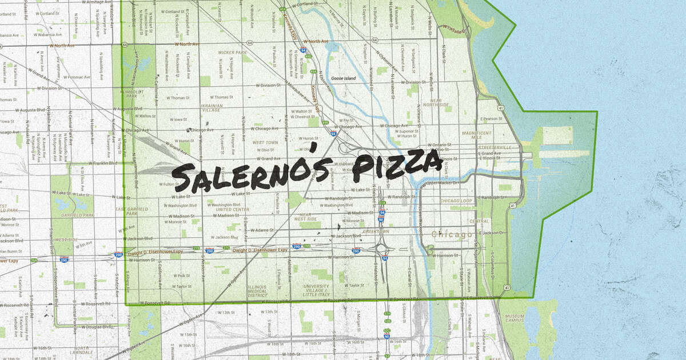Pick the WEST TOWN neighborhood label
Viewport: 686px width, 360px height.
click(x=265, y=142)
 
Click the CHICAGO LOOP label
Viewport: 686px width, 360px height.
click(x=456, y=201)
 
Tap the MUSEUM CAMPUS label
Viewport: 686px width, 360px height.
click(x=516, y=317)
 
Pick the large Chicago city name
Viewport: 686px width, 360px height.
click(x=452, y=234)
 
